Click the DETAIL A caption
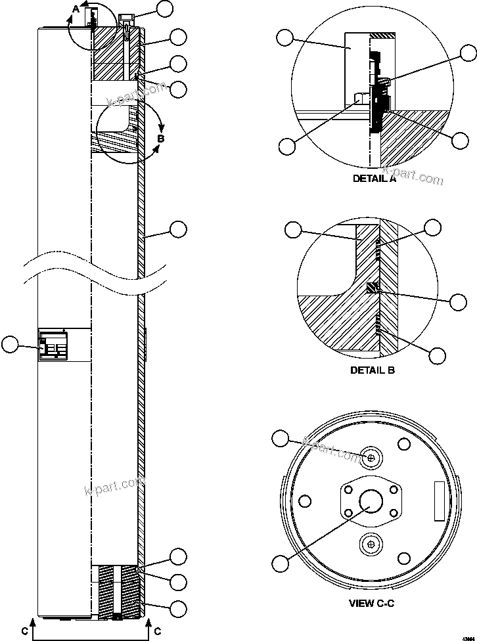pos(374,179)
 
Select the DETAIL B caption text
pos(373,370)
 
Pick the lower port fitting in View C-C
pos(372,544)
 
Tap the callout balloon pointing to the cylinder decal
pos(11,345)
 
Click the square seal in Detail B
pos(373,288)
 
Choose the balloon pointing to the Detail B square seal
pos(459,301)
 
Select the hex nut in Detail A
pos(361,99)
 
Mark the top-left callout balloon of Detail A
pos(284,37)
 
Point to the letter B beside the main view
pos(161,139)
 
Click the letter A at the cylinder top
pos(76,9)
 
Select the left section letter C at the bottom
pos(24,631)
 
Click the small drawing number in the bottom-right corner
pos(468,631)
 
